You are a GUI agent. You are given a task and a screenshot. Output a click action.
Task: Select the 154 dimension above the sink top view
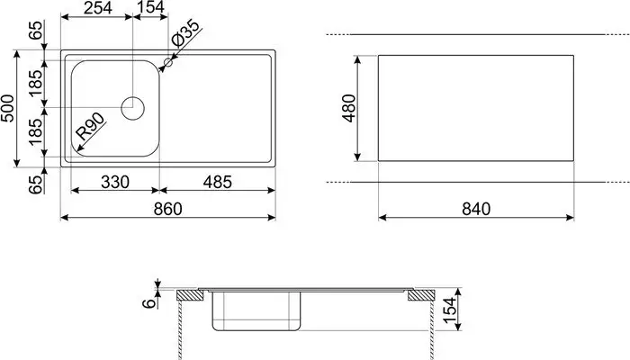(x=151, y=9)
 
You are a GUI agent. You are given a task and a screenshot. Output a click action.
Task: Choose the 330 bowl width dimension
(x=114, y=182)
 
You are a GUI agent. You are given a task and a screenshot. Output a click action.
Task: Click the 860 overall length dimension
(x=167, y=209)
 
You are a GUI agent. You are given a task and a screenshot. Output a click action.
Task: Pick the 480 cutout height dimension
(x=350, y=108)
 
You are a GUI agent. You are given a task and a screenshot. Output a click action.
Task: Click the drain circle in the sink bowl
(x=133, y=107)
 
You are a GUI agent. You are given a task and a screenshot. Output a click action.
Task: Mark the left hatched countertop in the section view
(x=188, y=295)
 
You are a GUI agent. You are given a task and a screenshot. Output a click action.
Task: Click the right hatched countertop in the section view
(x=420, y=295)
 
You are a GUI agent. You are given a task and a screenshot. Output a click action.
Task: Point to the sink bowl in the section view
(x=256, y=312)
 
